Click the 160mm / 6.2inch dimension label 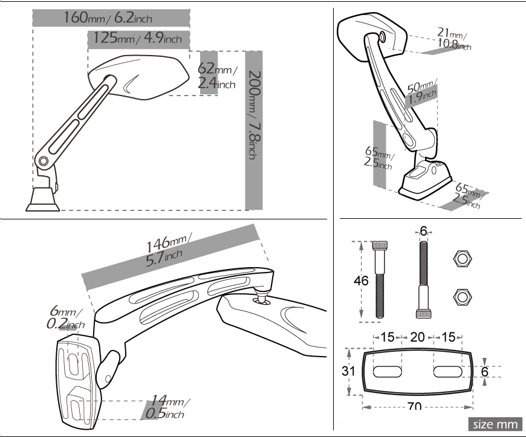pyautogui.click(x=108, y=18)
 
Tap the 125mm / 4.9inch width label pyautogui.click(x=137, y=38)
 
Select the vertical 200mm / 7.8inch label pyautogui.click(x=255, y=115)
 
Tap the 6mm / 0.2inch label pyautogui.click(x=65, y=317)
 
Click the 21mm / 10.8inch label pyautogui.click(x=454, y=39)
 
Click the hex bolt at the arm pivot pyautogui.click(x=43, y=161)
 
